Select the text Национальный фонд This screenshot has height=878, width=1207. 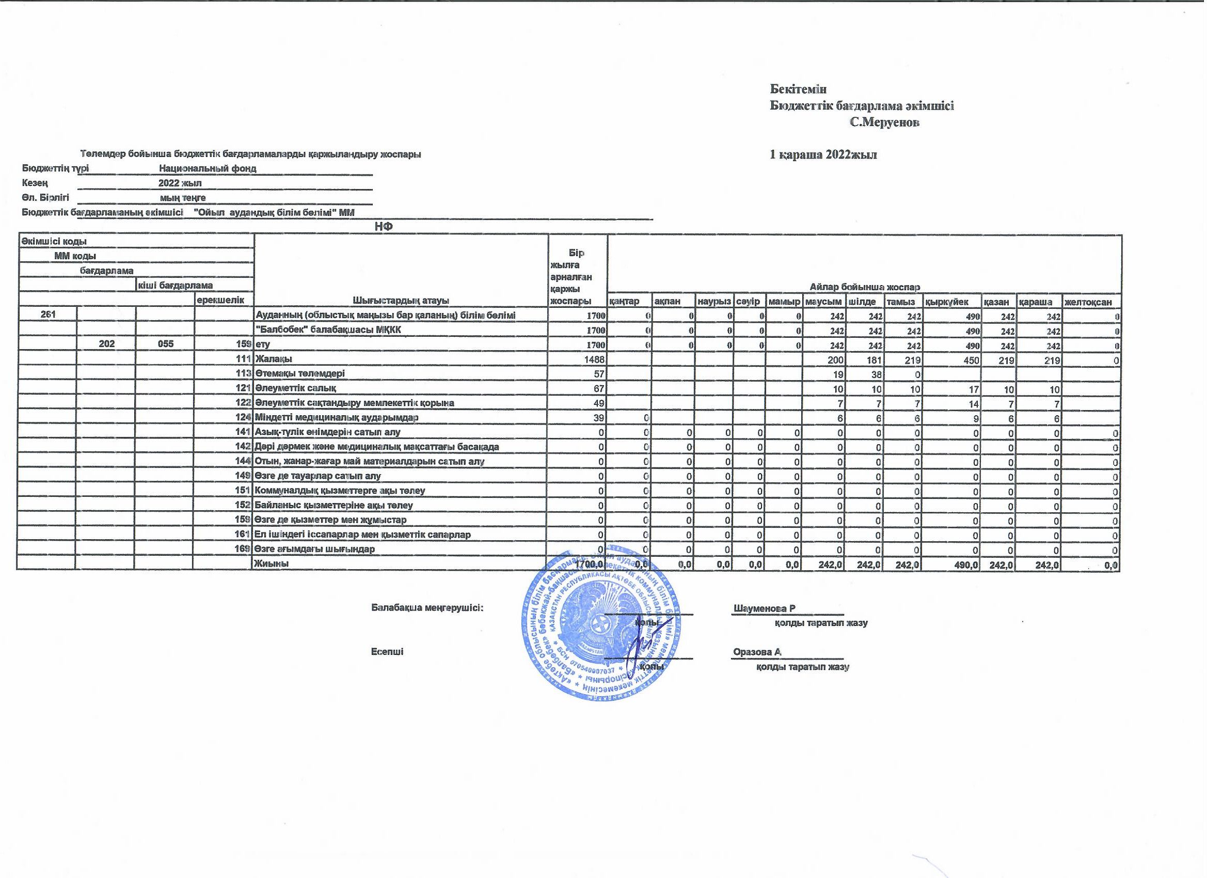click(208, 168)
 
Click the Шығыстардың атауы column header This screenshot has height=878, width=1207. click(401, 300)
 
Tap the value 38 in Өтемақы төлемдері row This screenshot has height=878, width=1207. click(876, 374)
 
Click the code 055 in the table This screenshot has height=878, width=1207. click(166, 344)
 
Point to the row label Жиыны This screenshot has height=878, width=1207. click(273, 563)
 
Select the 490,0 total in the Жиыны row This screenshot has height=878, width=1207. click(966, 565)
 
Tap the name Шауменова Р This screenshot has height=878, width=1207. click(764, 608)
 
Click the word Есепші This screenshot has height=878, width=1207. click(387, 652)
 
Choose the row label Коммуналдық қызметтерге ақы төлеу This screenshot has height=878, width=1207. click(340, 490)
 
